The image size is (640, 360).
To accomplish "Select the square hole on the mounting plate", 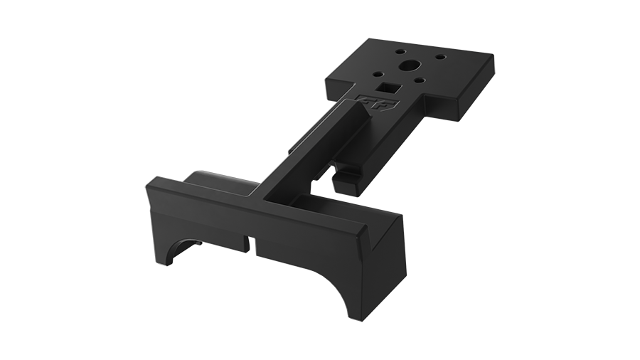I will (x=389, y=89).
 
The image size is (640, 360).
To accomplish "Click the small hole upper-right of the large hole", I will (x=438, y=56).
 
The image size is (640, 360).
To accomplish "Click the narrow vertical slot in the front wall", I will (x=247, y=242).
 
